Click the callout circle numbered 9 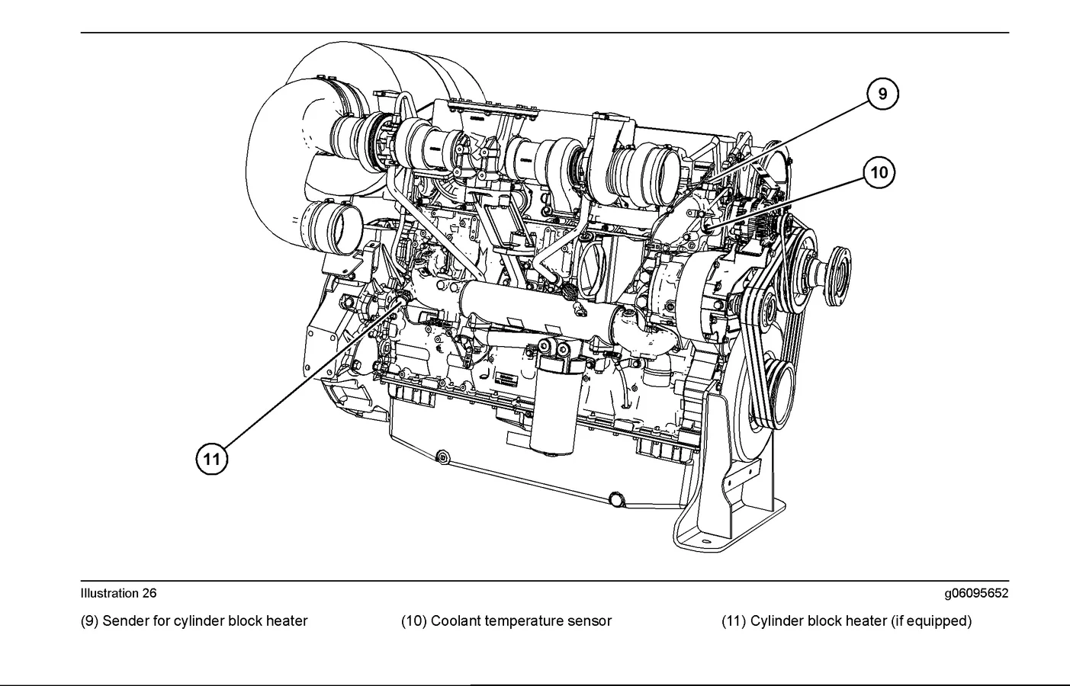tap(883, 94)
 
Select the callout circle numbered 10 tap(879, 173)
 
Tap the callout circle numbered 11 tap(212, 459)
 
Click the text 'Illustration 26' tap(118, 593)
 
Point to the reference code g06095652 tap(975, 593)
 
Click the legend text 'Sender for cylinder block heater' tap(204, 621)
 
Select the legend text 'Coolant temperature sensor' tap(521, 621)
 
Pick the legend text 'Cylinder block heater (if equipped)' tap(861, 621)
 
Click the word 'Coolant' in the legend tap(455, 621)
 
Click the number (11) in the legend tap(733, 621)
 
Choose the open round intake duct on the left tap(336, 229)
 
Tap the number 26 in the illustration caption tap(149, 593)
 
